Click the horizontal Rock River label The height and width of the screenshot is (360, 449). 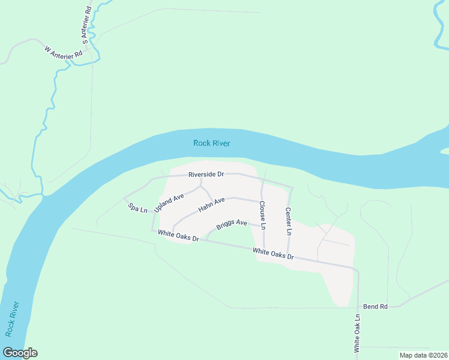tap(212, 143)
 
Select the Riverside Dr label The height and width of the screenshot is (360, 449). tap(206, 175)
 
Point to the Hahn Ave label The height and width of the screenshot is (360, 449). tap(211, 205)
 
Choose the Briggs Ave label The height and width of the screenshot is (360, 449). tap(232, 225)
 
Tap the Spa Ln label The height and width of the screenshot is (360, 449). tap(137, 208)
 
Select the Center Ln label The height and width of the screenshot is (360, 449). tap(288, 221)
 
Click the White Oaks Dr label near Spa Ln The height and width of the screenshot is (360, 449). tap(178, 236)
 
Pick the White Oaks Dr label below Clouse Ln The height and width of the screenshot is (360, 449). tap(273, 254)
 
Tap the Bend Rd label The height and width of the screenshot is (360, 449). tap(375, 307)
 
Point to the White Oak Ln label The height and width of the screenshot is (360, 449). tap(357, 333)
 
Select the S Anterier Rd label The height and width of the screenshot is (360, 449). tap(86, 25)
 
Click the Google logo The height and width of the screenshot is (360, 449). tap(20, 353)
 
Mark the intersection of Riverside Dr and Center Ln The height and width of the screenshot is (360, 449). tap(292, 187)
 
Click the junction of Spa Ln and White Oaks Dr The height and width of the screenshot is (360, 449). tap(152, 229)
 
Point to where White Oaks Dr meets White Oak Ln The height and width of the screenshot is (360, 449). tap(358, 269)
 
